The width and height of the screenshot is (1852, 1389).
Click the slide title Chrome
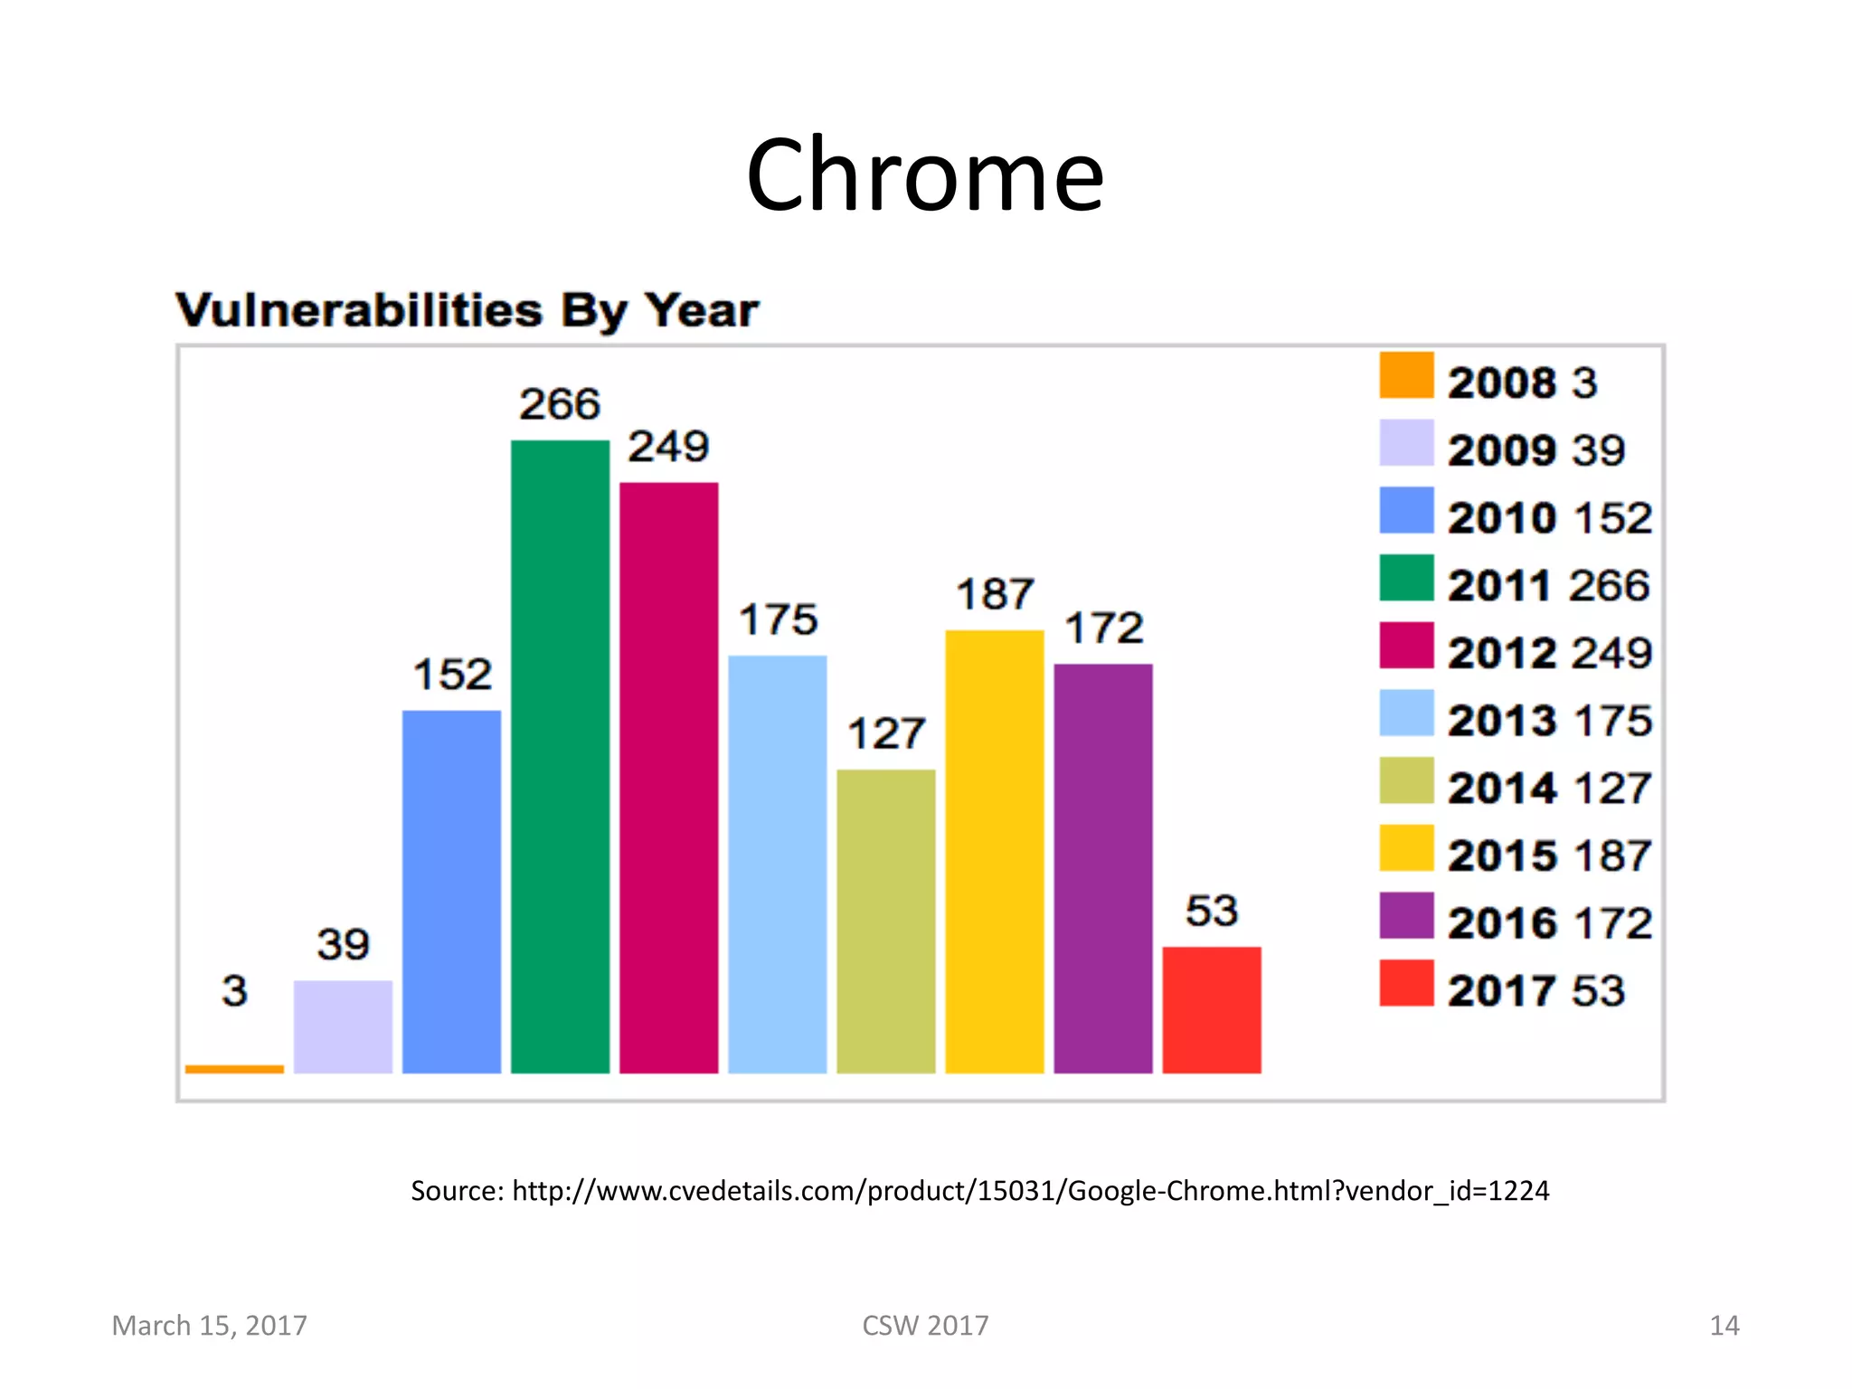click(x=924, y=175)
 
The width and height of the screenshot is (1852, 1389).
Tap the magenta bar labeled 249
click(x=668, y=778)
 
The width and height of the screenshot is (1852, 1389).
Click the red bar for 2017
click(x=1211, y=1009)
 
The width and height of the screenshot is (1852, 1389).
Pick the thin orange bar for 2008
click(x=234, y=1069)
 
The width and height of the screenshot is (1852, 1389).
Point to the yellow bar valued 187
click(x=994, y=851)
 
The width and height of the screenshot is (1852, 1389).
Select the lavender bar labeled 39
click(x=343, y=1026)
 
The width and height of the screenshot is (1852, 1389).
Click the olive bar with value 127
click(x=885, y=921)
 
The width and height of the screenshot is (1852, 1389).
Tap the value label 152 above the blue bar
click(x=452, y=675)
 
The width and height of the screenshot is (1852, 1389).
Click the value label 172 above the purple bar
click(x=1103, y=628)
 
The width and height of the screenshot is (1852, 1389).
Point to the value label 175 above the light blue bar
click(x=778, y=620)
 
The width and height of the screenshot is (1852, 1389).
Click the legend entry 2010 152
click(x=1549, y=518)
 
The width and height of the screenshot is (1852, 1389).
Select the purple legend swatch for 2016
click(x=1406, y=915)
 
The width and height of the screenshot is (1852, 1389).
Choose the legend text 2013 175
click(x=1549, y=721)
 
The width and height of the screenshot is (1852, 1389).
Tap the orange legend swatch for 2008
click(x=1406, y=375)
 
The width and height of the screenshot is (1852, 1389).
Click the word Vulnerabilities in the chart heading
click(x=359, y=311)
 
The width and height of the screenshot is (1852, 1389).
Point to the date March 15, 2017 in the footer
click(x=209, y=1325)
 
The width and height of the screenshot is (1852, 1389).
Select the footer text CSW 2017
click(x=925, y=1325)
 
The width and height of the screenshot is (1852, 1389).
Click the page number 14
click(x=1724, y=1325)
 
